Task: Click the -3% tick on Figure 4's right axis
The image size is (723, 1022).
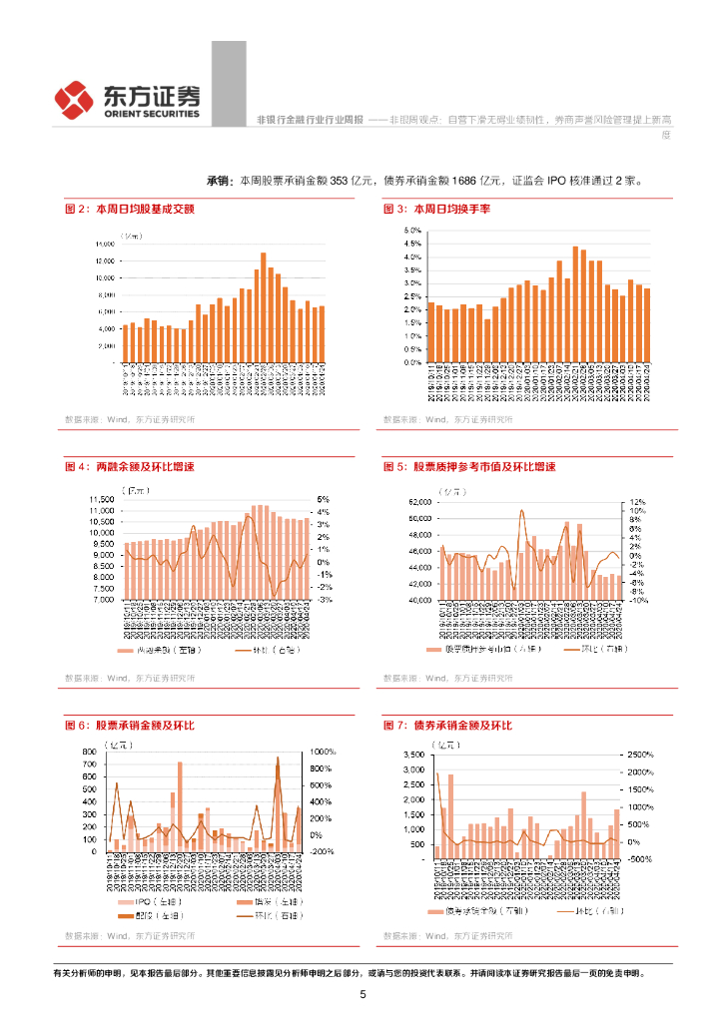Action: tap(325, 601)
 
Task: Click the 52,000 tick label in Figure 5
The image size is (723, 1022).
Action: tap(416, 503)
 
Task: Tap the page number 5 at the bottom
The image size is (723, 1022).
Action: tap(362, 995)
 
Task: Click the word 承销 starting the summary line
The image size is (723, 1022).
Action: tap(219, 181)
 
